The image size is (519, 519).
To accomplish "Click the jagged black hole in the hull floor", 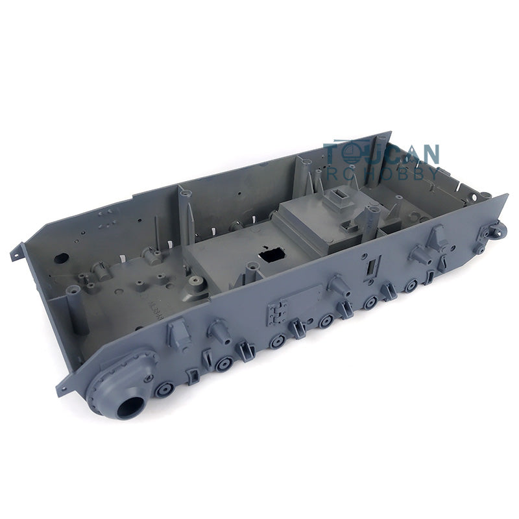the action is click(x=272, y=254).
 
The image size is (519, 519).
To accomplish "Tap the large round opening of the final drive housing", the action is click(x=131, y=407).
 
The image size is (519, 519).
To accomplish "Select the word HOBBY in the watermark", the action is click(x=404, y=173).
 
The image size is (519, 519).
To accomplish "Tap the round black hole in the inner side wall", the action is click(x=61, y=258).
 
